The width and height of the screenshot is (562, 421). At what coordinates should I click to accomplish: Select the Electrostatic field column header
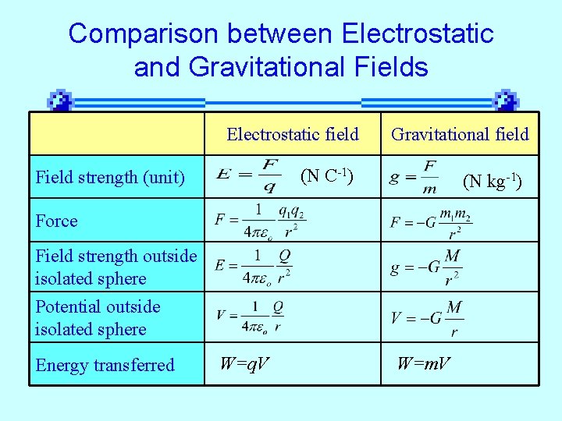point(293,135)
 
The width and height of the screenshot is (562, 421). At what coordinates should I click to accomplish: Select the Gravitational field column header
point(460,135)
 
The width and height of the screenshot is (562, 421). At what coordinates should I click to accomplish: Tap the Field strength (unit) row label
point(110,178)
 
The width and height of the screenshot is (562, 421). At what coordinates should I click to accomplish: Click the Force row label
point(57,221)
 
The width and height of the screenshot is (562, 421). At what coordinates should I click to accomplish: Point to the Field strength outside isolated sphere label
point(116,267)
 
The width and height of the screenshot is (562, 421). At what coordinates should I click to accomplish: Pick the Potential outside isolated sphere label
point(98,318)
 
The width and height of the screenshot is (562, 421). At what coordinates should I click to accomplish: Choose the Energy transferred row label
point(105,365)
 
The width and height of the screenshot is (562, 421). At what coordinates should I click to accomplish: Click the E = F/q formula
point(248,177)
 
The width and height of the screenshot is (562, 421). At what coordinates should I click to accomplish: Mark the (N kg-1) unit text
point(493,182)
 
